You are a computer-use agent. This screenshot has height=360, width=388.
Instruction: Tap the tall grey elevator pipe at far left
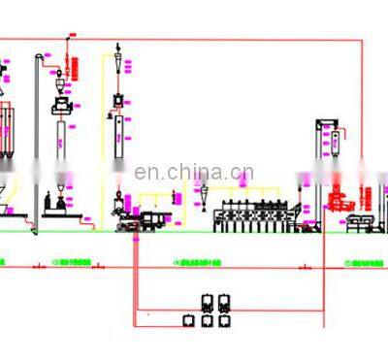pos(36,146)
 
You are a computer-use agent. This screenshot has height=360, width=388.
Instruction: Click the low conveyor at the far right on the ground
pos(367,225)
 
